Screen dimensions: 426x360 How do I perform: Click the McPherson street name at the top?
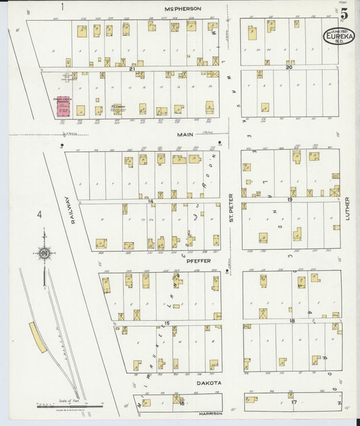[183, 9]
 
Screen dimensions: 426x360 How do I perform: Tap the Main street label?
[185, 134]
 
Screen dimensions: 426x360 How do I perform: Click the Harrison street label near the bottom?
[211, 413]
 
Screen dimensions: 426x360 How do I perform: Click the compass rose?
[45, 253]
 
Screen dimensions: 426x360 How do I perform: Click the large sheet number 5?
[344, 13]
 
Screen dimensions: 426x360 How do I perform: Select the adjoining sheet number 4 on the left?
[40, 215]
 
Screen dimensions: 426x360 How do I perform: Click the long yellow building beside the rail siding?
[38, 337]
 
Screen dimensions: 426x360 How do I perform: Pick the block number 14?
[151, 201]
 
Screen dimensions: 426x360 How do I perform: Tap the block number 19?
[288, 200]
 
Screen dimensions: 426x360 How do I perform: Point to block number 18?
[292, 321]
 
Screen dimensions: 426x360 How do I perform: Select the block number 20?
[288, 68]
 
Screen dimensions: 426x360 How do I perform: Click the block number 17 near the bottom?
[293, 402]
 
